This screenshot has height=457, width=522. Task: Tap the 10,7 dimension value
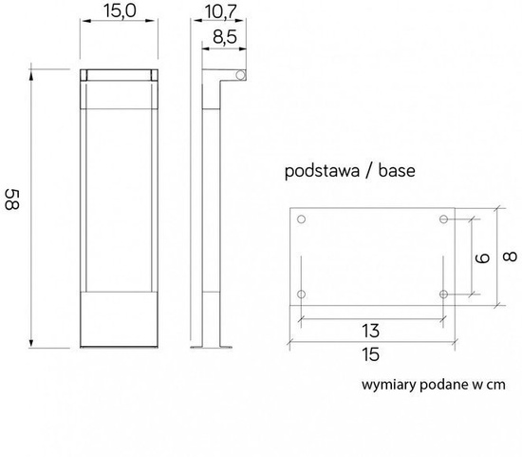(219, 11)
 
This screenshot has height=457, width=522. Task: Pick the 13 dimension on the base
(371, 331)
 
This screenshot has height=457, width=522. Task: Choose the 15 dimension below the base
(371, 354)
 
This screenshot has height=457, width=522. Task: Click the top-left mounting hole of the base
(302, 220)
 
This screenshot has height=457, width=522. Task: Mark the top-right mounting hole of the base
(443, 220)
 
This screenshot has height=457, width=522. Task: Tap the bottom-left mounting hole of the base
(302, 294)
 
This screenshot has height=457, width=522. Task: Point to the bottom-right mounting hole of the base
(443, 294)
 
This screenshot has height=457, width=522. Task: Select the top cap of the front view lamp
(117, 75)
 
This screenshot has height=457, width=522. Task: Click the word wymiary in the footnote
(385, 385)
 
